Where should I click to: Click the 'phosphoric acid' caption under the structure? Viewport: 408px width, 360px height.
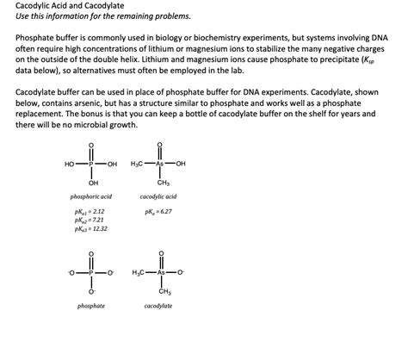(91, 197)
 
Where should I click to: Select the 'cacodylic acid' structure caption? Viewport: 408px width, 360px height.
(158, 197)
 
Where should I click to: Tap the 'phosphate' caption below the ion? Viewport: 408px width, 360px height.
(91, 307)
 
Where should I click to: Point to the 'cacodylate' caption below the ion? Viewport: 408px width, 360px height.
(158, 307)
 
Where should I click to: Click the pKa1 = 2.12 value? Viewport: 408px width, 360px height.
(90, 211)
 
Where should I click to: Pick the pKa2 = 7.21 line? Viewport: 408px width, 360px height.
(90, 220)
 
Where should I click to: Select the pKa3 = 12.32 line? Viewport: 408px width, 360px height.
(91, 228)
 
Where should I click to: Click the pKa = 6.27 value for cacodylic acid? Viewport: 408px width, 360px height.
(158, 211)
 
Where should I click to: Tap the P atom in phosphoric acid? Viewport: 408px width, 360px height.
(91, 164)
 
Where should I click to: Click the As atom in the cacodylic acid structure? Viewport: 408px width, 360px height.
(159, 164)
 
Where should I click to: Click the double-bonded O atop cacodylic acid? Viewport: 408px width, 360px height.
(159, 145)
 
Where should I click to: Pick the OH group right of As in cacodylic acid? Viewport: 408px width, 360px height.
(181, 164)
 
